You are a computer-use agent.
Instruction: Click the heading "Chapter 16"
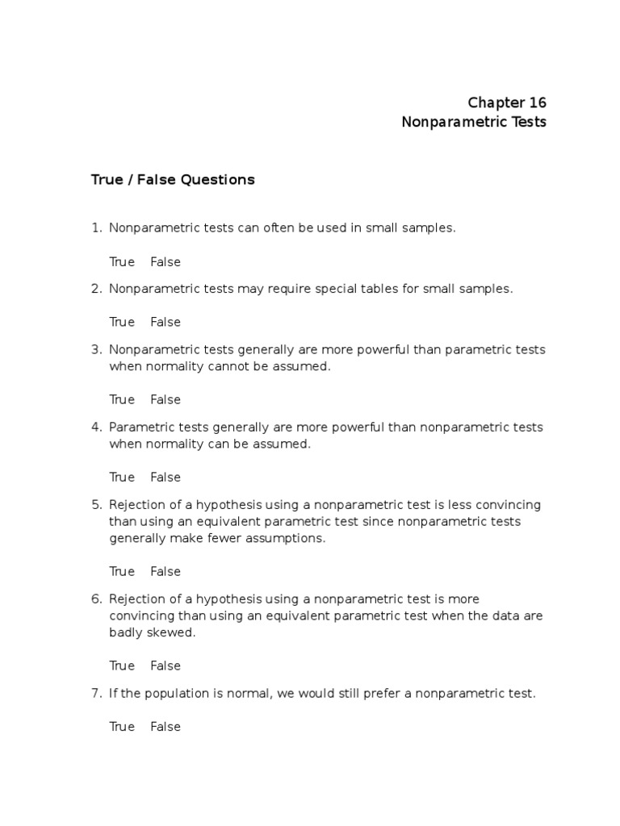pos(507,102)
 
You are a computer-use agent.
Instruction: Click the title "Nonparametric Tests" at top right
pos(474,122)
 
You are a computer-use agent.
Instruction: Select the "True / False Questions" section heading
pos(173,180)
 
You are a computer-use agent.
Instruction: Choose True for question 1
pos(122,261)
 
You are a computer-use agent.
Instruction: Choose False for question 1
pos(165,261)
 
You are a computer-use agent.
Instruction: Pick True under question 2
pos(122,322)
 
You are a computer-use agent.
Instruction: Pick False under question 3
pos(165,399)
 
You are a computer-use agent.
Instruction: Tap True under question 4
pos(122,477)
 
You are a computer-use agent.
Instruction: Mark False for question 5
pos(165,571)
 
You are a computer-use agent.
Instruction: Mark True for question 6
pos(122,665)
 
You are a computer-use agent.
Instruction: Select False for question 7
pos(165,726)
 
